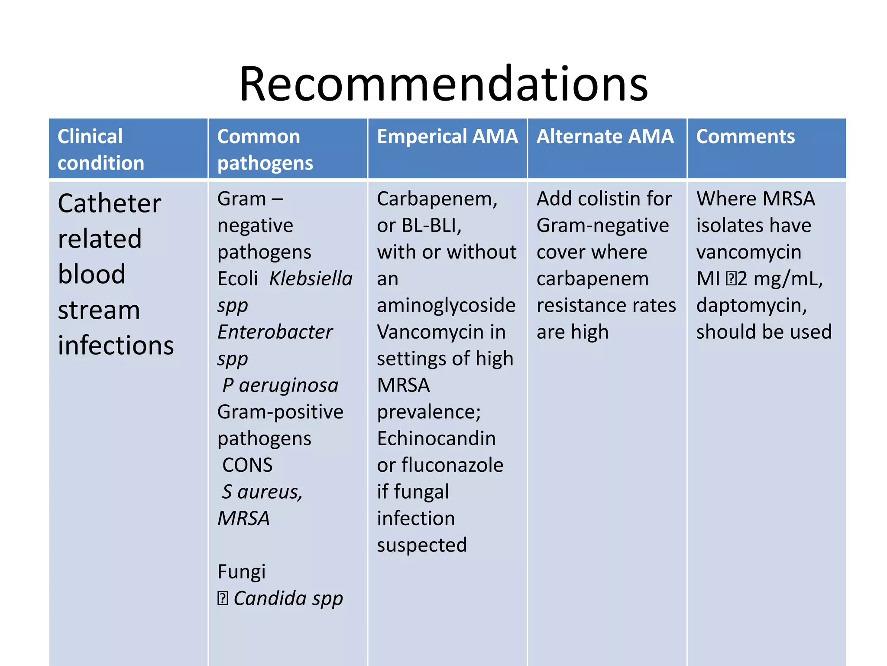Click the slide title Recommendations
[x=443, y=84]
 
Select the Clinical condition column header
[x=100, y=149]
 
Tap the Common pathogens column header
[x=265, y=149]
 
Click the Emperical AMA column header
[x=447, y=137]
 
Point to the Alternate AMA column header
[x=605, y=137]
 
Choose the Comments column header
[x=745, y=137]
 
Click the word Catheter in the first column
[x=110, y=203]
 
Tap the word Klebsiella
[x=311, y=279]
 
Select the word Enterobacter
[x=275, y=332]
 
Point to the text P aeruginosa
[x=280, y=385]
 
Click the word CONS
[x=247, y=465]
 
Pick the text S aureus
[x=262, y=492]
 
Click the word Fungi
[x=241, y=572]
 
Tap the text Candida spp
[x=288, y=599]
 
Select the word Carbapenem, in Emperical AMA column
[x=437, y=199]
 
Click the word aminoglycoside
[x=446, y=305]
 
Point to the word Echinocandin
[x=436, y=439]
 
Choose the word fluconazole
[x=452, y=465]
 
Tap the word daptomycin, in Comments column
[x=751, y=305]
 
